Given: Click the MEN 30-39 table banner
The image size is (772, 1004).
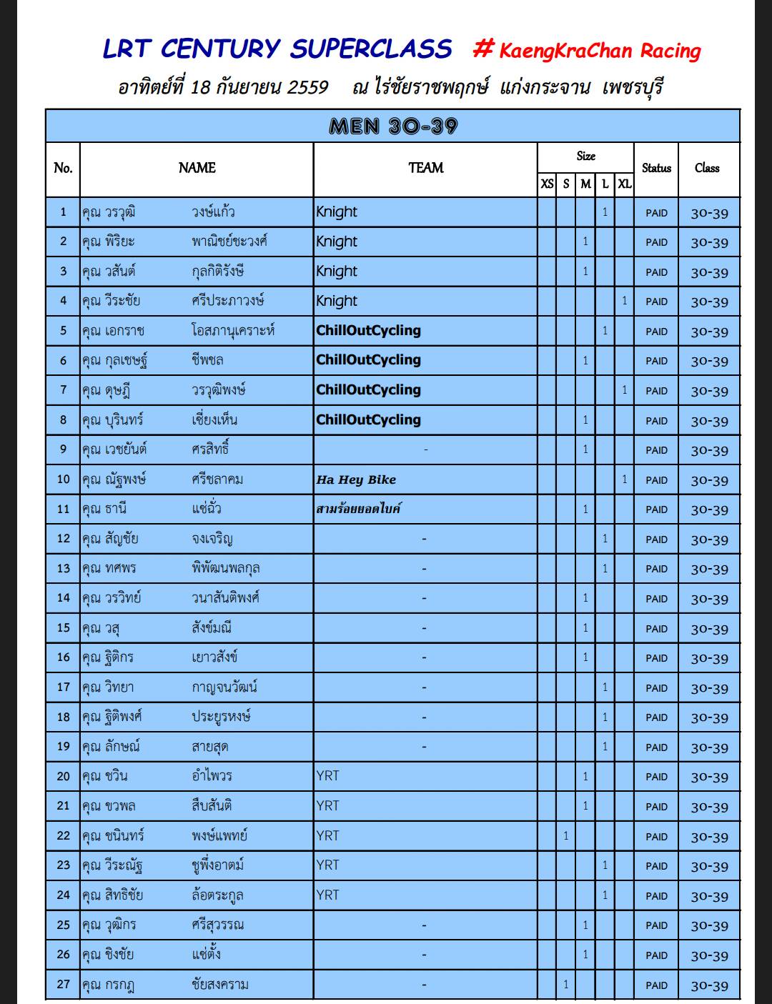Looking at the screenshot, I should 392,126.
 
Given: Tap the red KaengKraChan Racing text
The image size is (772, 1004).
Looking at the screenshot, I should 599,50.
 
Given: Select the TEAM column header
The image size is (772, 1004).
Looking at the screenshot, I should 425,168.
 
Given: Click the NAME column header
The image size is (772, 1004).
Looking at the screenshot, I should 197,168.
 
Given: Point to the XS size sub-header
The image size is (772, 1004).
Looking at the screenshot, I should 547,184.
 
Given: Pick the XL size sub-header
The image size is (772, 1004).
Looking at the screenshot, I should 624,184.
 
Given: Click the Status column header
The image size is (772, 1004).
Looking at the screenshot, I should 656,168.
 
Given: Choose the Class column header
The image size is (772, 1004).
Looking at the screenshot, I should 707,168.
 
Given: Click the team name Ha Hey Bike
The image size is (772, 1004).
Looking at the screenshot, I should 356,479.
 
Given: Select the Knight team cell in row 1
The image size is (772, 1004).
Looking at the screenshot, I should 337,212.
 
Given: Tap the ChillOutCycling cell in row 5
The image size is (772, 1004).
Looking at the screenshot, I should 368,331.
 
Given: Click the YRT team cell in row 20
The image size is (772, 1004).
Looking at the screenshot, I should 327,776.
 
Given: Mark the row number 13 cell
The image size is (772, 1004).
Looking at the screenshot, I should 63,569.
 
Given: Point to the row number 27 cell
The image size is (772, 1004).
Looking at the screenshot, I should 63,984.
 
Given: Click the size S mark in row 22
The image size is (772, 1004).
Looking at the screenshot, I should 565,836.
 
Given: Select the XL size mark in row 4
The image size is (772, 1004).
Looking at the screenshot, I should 624,301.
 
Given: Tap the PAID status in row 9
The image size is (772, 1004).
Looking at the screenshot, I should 656,450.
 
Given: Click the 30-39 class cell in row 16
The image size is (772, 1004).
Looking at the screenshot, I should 709,658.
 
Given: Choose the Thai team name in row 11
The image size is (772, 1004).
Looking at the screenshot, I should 358,509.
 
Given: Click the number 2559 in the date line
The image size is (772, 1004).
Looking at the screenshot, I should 307,88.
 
